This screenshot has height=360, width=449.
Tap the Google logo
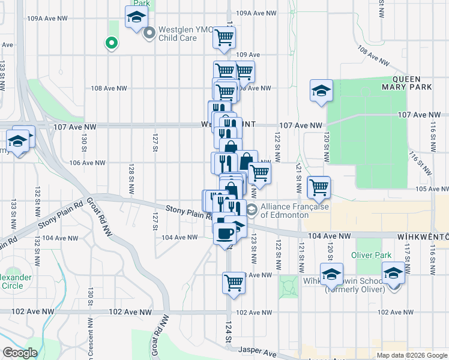[20, 353]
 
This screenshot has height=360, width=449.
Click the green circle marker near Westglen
[110, 43]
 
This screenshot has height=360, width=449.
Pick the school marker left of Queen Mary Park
[321, 91]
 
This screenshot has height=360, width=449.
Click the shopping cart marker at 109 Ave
[224, 38]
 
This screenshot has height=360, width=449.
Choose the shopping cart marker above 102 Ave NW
[234, 281]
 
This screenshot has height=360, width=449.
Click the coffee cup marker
[225, 232]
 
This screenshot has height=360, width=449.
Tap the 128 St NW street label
[130, 181]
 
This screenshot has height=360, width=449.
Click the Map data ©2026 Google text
[412, 355]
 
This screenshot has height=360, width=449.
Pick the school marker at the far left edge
[17, 142]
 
